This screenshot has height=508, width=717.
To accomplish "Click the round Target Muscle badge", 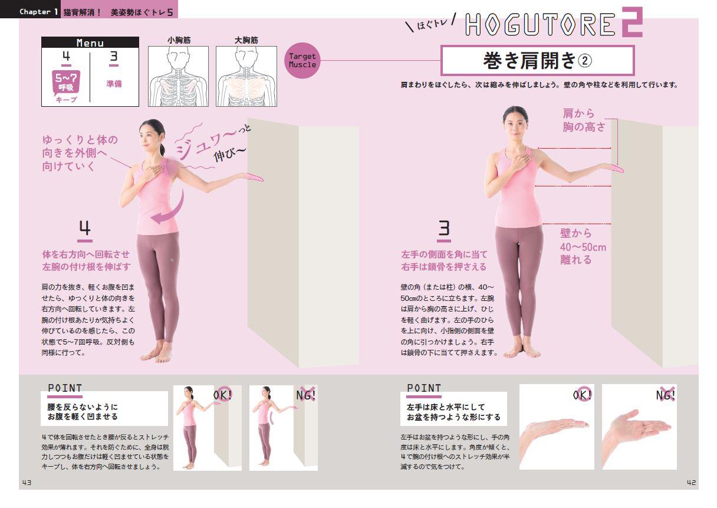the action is [302, 61].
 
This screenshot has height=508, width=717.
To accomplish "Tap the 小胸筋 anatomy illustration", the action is [178, 76].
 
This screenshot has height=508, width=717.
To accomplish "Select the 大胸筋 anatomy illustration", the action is [246, 76].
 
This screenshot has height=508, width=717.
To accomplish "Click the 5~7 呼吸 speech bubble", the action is [66, 83].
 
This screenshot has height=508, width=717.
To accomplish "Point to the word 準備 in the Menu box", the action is [114, 84].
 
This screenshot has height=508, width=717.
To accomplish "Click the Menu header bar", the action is [90, 42].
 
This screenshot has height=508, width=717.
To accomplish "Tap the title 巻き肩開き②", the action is [537, 61].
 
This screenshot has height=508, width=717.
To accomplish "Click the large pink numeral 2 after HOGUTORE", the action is [632, 22].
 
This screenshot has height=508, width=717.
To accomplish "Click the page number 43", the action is [27, 483].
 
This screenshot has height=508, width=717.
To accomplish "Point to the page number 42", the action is [692, 483].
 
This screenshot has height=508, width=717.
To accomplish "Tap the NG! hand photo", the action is [639, 427].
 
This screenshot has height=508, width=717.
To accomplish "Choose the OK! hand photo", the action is [557, 427].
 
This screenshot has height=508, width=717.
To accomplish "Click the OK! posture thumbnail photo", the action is [208, 428].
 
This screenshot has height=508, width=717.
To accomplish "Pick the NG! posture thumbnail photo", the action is [284, 428].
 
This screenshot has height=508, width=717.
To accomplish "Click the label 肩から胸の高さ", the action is [584, 120].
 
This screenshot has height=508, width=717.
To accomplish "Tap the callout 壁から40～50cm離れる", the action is [583, 246].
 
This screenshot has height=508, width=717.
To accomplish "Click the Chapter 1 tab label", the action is [38, 12].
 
